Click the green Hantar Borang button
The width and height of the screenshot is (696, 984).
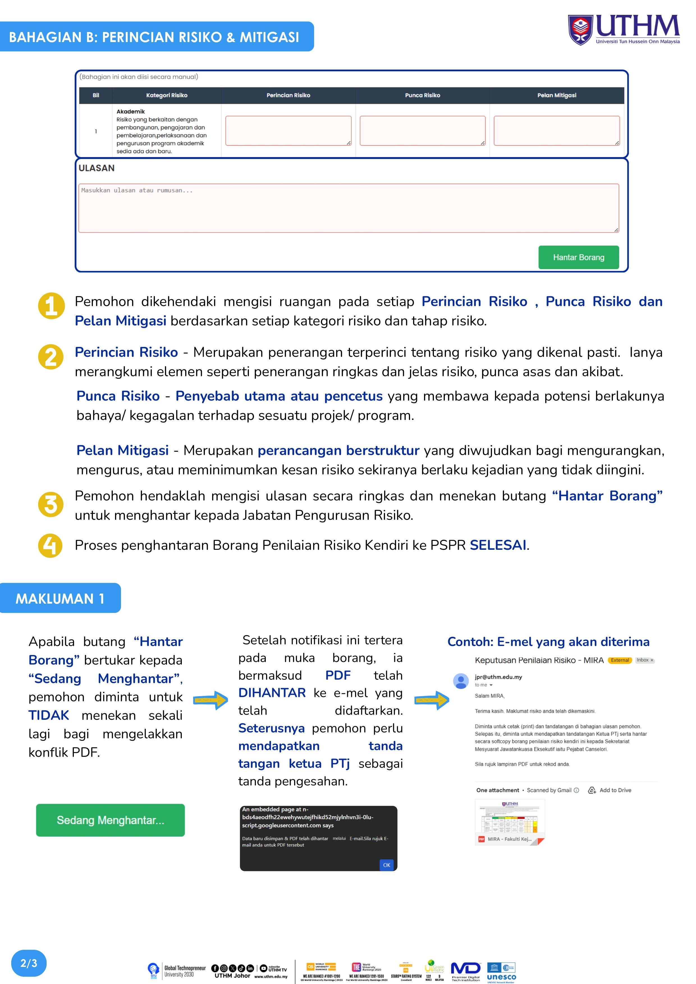[x=578, y=257]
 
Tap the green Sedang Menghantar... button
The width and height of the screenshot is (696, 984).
[x=110, y=820]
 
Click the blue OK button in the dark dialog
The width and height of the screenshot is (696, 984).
[x=386, y=865]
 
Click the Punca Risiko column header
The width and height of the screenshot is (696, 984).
[x=422, y=95]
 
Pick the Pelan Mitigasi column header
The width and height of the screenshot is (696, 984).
[x=557, y=95]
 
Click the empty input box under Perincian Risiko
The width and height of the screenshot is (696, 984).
[x=288, y=131]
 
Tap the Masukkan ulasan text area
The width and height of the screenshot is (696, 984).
[x=349, y=208]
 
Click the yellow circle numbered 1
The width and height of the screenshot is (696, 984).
[x=51, y=306]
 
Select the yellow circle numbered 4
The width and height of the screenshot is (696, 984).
[x=51, y=546]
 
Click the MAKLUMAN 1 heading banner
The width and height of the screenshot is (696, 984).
[x=60, y=598]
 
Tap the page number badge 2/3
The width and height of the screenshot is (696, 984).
[x=29, y=963]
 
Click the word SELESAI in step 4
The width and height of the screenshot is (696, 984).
[x=498, y=545]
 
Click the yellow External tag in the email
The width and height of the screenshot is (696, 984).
[x=620, y=660]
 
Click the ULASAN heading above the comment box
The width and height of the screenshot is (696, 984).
[x=97, y=168]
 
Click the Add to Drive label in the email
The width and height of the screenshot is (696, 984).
[x=615, y=790]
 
